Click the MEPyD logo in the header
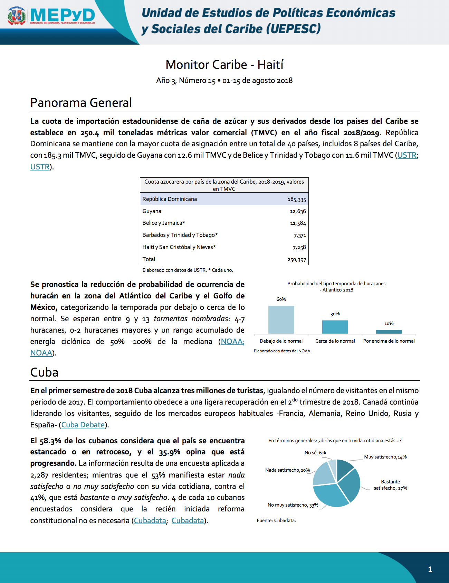tap(52, 16)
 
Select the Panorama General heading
tap(81, 103)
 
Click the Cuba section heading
tap(44, 372)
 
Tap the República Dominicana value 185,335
tap(296, 200)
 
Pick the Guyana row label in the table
tap(152, 211)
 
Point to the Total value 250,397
tap(296, 260)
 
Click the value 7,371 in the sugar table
tap(300, 235)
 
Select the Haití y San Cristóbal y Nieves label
tap(179, 247)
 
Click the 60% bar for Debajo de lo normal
tap(281, 320)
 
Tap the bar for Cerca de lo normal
tap(335, 327)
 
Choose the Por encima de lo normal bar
tap(389, 332)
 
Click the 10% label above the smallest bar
tap(389, 324)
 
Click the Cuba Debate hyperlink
tap(83, 425)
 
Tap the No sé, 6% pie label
tap(315, 453)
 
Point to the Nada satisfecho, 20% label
tap(287, 470)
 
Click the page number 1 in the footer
tap(430, 569)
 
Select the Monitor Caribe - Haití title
tap(224, 65)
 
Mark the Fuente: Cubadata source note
tap(276, 520)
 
